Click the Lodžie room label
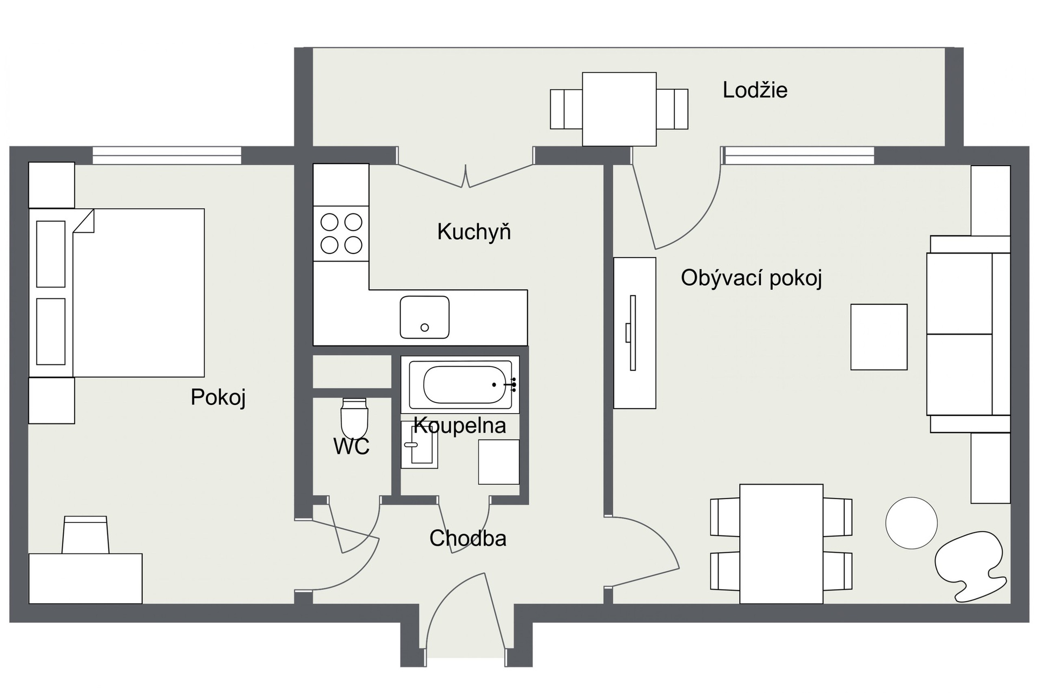755,90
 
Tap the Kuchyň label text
474,232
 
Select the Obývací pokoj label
751,278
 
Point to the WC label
351,447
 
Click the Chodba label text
468,538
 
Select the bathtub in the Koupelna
460,384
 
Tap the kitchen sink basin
424,317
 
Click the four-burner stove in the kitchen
341,233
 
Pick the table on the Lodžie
619,109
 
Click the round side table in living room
911,523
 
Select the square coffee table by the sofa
879,337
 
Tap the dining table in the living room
781,544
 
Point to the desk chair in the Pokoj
85,534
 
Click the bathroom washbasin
419,444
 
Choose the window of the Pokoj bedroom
167,155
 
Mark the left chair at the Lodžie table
566,109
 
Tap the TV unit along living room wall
634,333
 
